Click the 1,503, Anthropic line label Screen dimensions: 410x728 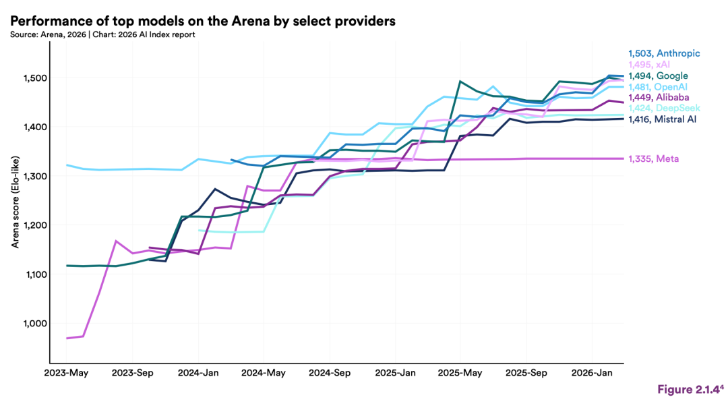pyautogui.click(x=664, y=53)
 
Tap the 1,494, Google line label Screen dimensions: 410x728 pyautogui.click(x=658, y=76)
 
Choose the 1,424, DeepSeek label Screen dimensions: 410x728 pyautogui.click(x=664, y=108)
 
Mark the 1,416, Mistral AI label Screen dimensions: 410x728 pyautogui.click(x=662, y=119)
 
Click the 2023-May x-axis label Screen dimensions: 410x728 pyautogui.click(x=67, y=372)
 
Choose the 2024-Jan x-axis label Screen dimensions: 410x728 pyautogui.click(x=198, y=372)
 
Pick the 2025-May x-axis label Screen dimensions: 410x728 pyautogui.click(x=460, y=372)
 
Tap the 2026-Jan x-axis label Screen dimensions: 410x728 pyautogui.click(x=591, y=372)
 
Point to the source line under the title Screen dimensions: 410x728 pyautogui.click(x=102, y=34)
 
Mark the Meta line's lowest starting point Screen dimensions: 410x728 pyautogui.click(x=67, y=338)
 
